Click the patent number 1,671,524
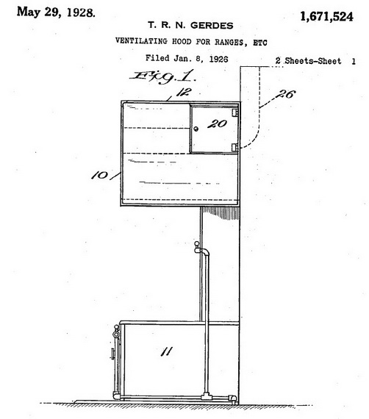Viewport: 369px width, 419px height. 326,17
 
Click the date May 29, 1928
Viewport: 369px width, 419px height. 56,12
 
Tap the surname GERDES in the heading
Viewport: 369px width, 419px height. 212,26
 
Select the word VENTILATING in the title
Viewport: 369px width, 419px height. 142,41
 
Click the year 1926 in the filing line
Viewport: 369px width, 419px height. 218,59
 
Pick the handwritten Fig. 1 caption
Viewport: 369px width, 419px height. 163,76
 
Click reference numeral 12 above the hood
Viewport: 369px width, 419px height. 184,92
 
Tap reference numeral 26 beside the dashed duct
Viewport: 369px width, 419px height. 286,94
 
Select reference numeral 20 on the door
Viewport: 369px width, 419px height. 217,123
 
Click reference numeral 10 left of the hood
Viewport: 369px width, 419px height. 99,176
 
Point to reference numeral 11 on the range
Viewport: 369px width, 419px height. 166,351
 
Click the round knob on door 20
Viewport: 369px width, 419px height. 196,129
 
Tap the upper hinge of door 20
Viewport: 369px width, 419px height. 235,112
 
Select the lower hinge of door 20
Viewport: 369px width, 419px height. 234,147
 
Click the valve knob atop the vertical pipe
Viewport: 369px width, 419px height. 197,244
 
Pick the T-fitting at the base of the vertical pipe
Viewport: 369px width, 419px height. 207,396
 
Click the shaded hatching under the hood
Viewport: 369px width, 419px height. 221,212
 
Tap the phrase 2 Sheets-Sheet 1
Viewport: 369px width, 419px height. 315,61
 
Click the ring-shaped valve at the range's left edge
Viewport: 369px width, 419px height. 116,334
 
